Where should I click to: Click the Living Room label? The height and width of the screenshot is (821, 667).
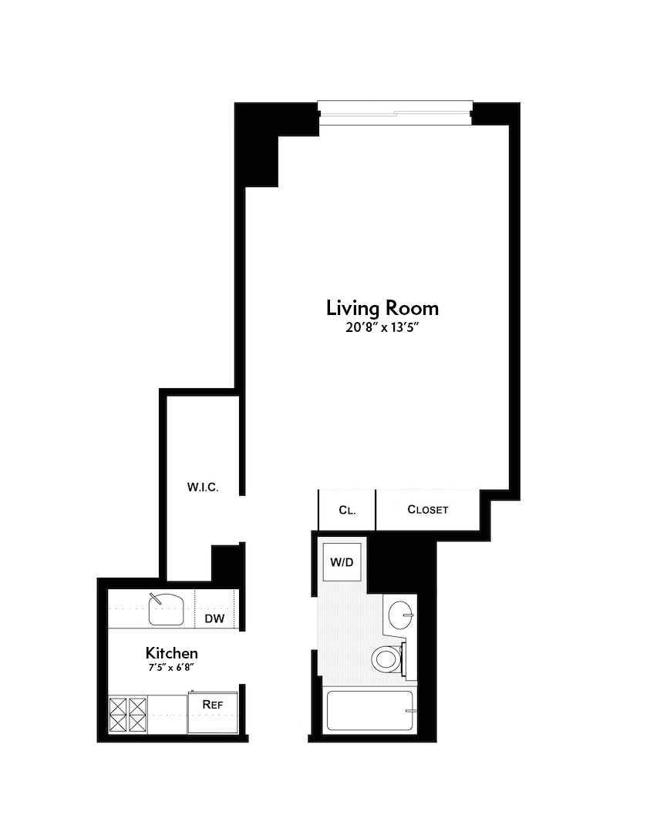tap(382, 308)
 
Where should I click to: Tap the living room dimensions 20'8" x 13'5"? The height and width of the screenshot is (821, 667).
tap(382, 327)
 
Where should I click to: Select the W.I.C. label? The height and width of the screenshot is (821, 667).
tap(203, 487)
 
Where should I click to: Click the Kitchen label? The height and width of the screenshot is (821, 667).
tap(171, 653)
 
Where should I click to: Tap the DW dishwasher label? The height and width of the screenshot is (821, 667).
tap(213, 618)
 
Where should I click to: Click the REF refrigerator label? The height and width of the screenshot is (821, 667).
tap(212, 704)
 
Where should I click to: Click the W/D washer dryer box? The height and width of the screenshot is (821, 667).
tap(342, 562)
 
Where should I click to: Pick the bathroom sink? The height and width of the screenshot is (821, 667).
tap(400, 615)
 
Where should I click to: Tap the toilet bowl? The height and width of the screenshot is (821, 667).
tap(386, 658)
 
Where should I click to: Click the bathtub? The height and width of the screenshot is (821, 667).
tap(371, 710)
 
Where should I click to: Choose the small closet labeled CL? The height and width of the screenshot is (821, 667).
tap(347, 510)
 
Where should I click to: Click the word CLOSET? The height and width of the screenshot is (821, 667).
tap(427, 510)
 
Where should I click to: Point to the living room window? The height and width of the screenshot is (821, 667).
tap(395, 113)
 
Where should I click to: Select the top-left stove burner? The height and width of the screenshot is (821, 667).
tap(118, 705)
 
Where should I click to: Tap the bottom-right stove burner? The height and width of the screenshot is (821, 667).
tap(138, 723)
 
